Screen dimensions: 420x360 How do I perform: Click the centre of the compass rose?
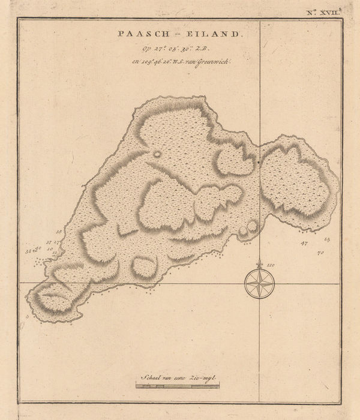[x=259, y=283]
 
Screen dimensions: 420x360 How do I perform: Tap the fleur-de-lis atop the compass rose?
[x=259, y=263]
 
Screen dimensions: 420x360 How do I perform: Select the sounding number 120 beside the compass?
[x=270, y=265]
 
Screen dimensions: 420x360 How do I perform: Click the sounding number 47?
[x=304, y=244]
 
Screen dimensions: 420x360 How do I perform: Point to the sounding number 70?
[x=320, y=254]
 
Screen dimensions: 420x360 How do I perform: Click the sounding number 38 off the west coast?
[x=58, y=231]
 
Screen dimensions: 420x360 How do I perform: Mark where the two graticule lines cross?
[x=259, y=283]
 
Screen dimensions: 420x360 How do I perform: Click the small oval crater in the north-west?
[x=158, y=154]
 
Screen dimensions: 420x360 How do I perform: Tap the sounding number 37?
[x=48, y=241]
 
